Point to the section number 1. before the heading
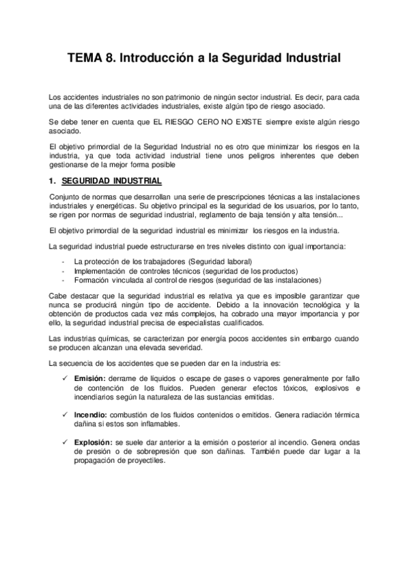pyautogui.click(x=52, y=181)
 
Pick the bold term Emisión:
pyautogui.click(x=89, y=378)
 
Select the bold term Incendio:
pyautogui.click(x=91, y=414)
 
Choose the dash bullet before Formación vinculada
pyautogui.click(x=63, y=280)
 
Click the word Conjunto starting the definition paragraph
pyautogui.click(x=66, y=198)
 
